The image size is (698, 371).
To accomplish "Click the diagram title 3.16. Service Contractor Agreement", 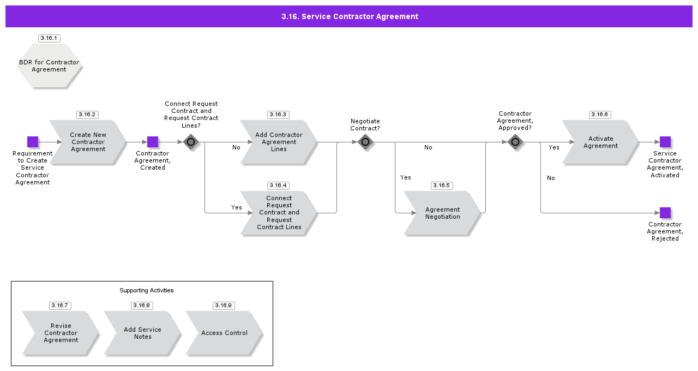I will coord(350,16).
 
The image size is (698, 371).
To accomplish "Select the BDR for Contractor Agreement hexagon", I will coord(49,66).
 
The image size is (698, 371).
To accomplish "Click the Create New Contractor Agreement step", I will coord(88,142).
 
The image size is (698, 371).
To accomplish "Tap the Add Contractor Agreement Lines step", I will coord(279,142).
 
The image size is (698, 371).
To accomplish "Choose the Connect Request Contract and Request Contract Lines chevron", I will coord(279,213).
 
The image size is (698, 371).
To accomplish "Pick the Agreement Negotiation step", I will coord(442,213).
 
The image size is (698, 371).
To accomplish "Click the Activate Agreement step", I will coord(600,142).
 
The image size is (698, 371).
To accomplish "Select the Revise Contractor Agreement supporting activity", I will coord(61,333).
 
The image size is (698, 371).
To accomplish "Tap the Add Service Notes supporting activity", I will coord(142,333).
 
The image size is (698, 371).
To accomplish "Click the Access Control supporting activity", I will coord(224,333).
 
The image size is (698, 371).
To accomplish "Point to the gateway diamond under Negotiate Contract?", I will coord(365,142).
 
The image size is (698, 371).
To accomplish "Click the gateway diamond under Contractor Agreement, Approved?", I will coord(515,142).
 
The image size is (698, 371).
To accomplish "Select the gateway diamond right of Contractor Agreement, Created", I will coord(191,142).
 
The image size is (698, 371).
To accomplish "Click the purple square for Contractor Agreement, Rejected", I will coord(665,213).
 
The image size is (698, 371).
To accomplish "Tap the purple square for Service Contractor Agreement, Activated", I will coord(665,142).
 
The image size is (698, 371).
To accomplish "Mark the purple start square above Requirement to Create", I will coord(33,142).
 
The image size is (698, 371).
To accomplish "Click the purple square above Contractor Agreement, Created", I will coord(153,142).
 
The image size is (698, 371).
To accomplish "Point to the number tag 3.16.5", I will coord(441,185).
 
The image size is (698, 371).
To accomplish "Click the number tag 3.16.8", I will coord(142,306).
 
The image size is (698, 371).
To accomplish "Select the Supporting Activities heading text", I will coord(147,290).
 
